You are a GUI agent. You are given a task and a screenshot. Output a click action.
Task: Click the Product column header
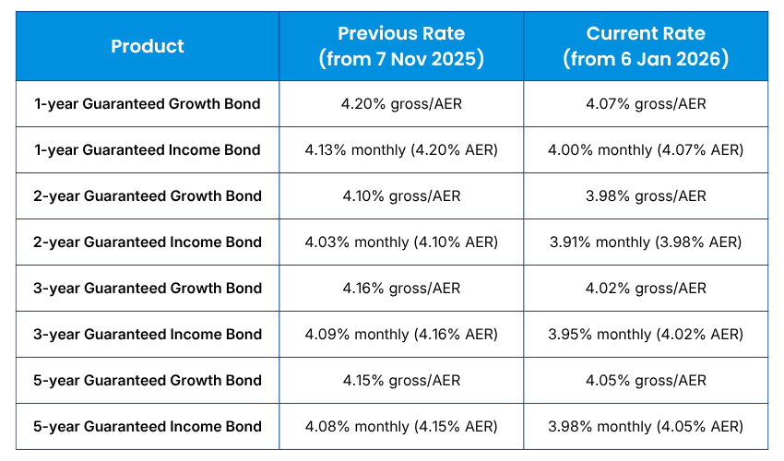click(148, 46)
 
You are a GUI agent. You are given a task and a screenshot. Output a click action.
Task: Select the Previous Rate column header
click(401, 46)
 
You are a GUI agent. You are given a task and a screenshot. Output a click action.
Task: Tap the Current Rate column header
click(646, 46)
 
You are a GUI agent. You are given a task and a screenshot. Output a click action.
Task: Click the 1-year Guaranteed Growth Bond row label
click(148, 104)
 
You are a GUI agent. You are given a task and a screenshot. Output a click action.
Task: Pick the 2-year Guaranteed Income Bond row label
click(148, 242)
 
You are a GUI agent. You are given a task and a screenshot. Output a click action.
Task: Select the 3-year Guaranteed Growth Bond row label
click(148, 289)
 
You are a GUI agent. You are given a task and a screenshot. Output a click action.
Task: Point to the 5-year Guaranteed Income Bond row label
click(148, 427)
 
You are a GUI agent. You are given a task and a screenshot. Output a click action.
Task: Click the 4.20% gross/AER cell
click(401, 104)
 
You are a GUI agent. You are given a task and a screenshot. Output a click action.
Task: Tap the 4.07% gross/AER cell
click(646, 104)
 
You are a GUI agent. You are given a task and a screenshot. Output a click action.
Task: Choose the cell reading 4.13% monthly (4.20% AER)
click(401, 150)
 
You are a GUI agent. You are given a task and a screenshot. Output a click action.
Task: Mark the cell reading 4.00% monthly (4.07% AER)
click(646, 150)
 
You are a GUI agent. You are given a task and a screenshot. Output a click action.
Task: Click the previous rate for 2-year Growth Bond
click(401, 196)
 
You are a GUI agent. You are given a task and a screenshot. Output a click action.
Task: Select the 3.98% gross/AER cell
click(646, 196)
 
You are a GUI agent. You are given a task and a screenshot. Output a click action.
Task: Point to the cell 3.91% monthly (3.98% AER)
click(646, 242)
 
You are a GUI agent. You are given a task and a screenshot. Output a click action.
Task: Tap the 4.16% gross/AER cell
click(401, 289)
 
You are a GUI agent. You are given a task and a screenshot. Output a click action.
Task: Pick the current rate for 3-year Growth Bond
click(646, 289)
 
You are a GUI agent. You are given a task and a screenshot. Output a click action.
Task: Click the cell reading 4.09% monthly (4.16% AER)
click(401, 335)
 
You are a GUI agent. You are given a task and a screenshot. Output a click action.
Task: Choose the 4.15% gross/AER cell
click(401, 381)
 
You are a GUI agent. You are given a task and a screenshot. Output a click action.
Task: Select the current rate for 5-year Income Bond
click(646, 427)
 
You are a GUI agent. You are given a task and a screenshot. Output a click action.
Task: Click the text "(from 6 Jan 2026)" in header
click(646, 59)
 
